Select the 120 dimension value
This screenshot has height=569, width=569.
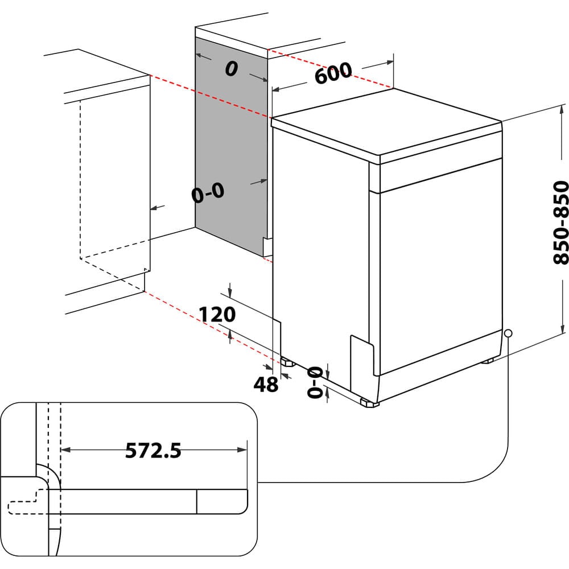[217, 314]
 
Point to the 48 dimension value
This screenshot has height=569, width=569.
[265, 385]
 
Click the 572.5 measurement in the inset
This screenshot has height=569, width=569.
[153, 451]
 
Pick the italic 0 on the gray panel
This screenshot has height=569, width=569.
[230, 69]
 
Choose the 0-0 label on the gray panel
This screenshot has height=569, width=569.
[208, 193]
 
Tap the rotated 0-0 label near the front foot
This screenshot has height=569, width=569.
[315, 381]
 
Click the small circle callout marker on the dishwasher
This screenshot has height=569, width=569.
[508, 333]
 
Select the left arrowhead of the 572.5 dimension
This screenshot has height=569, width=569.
[64, 450]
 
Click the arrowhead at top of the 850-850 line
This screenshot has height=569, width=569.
[563, 108]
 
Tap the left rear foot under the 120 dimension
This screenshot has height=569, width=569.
[285, 361]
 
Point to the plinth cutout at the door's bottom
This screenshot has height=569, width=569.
[362, 356]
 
